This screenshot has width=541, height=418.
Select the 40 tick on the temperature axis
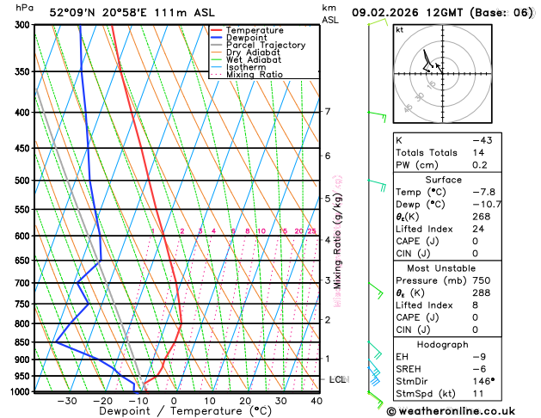(317, 401)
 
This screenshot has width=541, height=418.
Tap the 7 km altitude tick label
(327, 112)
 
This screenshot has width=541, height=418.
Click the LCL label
(338, 379)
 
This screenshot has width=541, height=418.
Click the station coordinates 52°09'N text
(76, 13)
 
